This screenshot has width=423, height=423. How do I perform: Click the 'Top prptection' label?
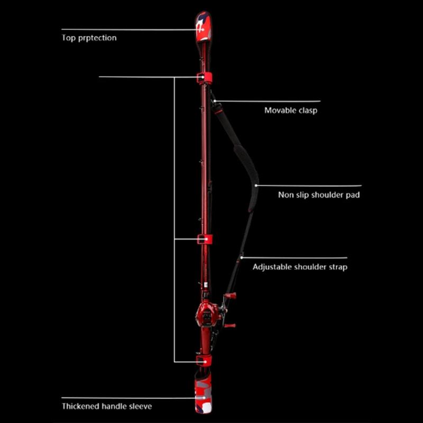tap(89, 38)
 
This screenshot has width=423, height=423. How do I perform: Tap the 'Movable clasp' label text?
tap(291, 111)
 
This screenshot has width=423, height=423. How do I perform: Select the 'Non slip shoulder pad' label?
tap(319, 195)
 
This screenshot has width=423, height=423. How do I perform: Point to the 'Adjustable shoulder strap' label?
tap(300, 267)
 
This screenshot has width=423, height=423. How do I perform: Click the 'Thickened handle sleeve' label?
tap(107, 406)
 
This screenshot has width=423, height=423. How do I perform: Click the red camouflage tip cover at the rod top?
tap(204, 27)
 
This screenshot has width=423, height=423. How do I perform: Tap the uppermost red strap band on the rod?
tap(204, 77)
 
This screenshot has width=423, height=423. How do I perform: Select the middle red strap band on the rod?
tap(205, 240)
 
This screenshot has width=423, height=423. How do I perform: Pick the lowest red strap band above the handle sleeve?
tap(204, 361)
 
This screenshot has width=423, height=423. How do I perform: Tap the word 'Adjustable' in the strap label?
tap(272, 267)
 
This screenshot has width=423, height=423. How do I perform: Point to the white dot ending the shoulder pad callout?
tap(256, 186)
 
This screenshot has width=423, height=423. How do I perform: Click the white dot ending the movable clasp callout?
tap(215, 101)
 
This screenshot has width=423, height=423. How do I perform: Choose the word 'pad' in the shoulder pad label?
tap(353, 195)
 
